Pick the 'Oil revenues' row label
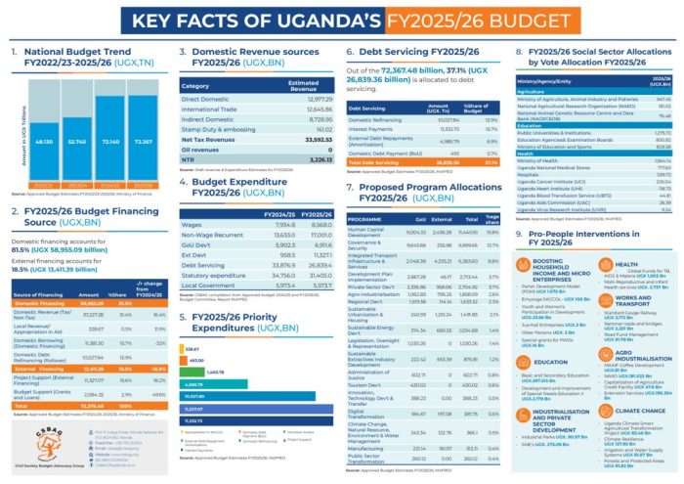[x=202, y=148]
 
